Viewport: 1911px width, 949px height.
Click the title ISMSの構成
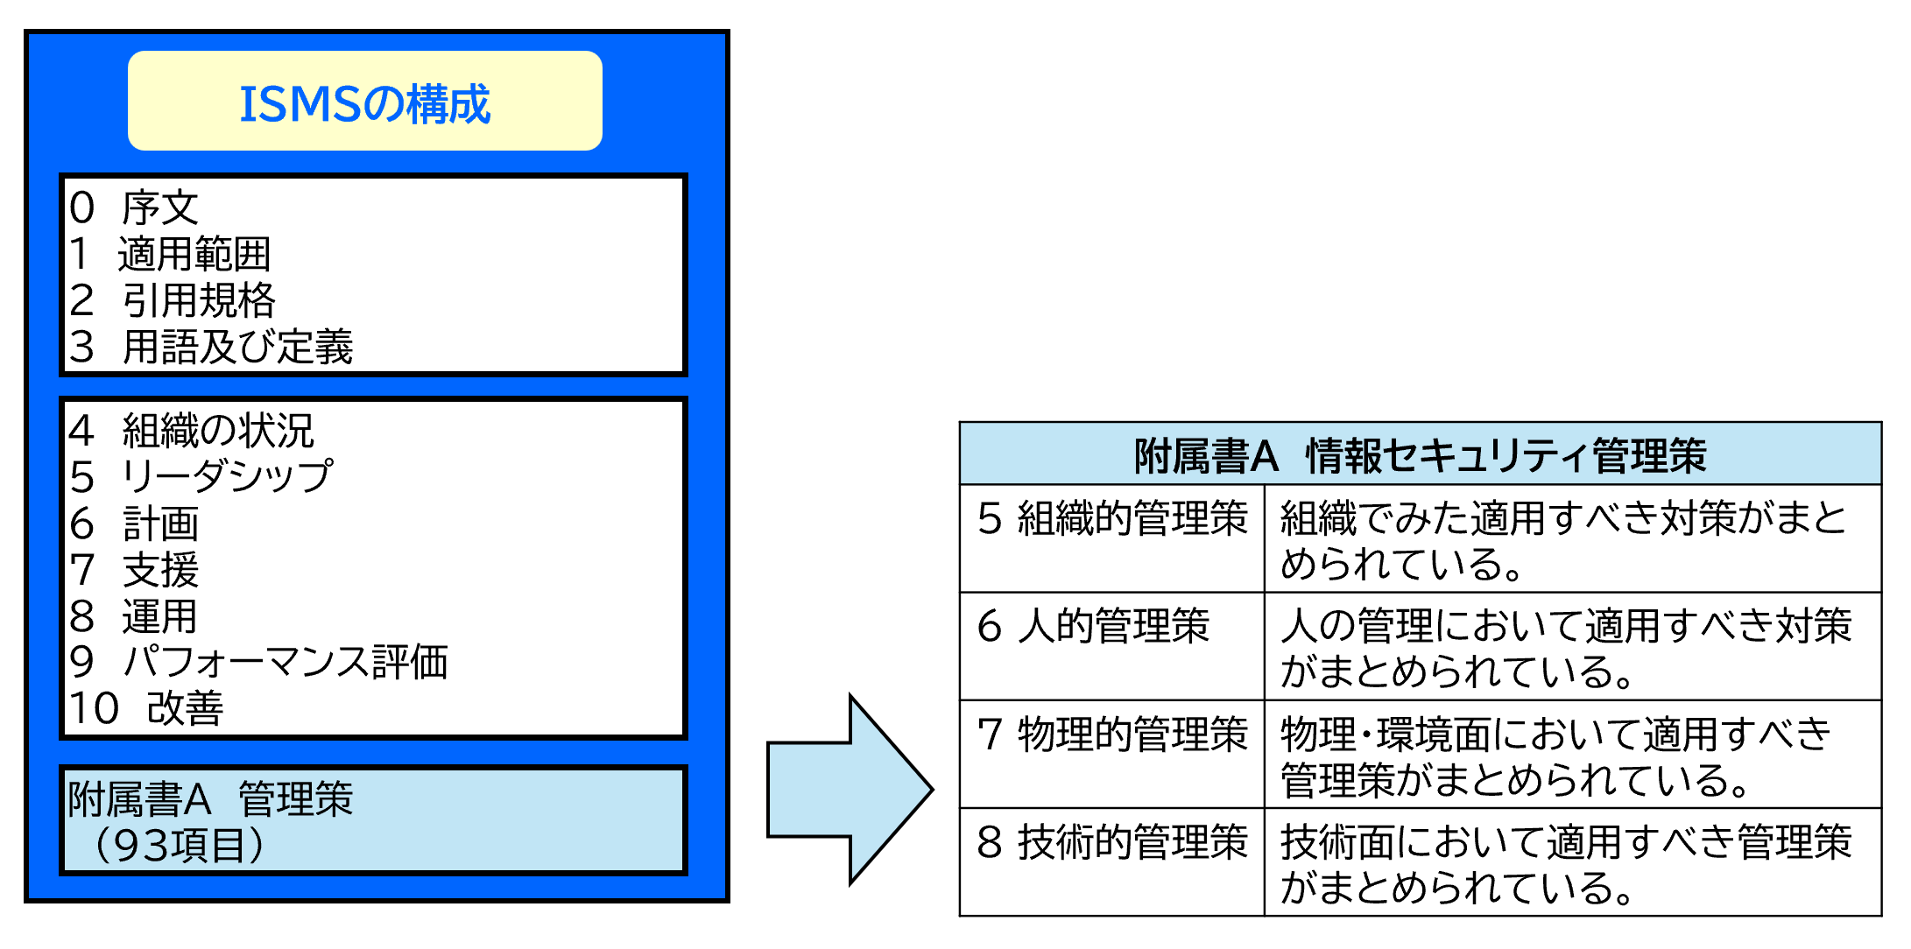tap(364, 103)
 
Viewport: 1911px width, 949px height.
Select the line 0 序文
tap(135, 208)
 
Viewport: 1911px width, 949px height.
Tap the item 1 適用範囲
tap(171, 255)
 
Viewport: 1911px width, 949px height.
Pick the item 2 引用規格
tap(173, 300)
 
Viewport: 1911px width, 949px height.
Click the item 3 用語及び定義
tap(212, 347)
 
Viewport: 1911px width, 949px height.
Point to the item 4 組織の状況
tap(192, 430)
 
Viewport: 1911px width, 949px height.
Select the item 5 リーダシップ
tap(201, 476)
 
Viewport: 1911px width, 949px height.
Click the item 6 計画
tap(135, 524)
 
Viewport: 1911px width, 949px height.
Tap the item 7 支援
tap(135, 570)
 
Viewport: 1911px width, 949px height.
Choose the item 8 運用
tap(134, 616)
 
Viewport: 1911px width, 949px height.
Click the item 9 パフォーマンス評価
tap(259, 662)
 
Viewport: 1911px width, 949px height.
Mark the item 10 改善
tap(147, 708)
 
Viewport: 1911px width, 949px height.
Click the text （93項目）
tap(179, 845)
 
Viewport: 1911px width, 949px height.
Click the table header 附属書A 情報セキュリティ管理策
tap(1420, 455)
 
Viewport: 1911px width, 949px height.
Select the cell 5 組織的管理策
tap(1112, 518)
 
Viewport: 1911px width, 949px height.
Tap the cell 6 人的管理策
tap(1094, 627)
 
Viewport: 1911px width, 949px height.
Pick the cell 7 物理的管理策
tap(1112, 735)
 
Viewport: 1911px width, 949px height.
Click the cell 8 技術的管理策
tap(1112, 842)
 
